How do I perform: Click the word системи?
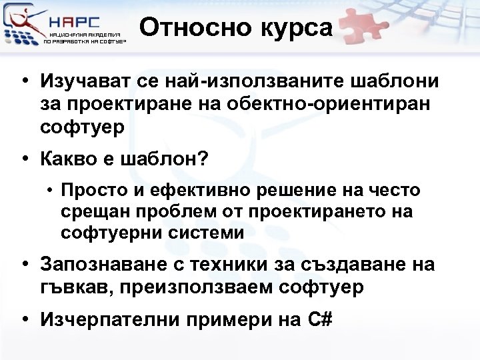pos(209,233)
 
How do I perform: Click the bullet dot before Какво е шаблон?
pos(25,161)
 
